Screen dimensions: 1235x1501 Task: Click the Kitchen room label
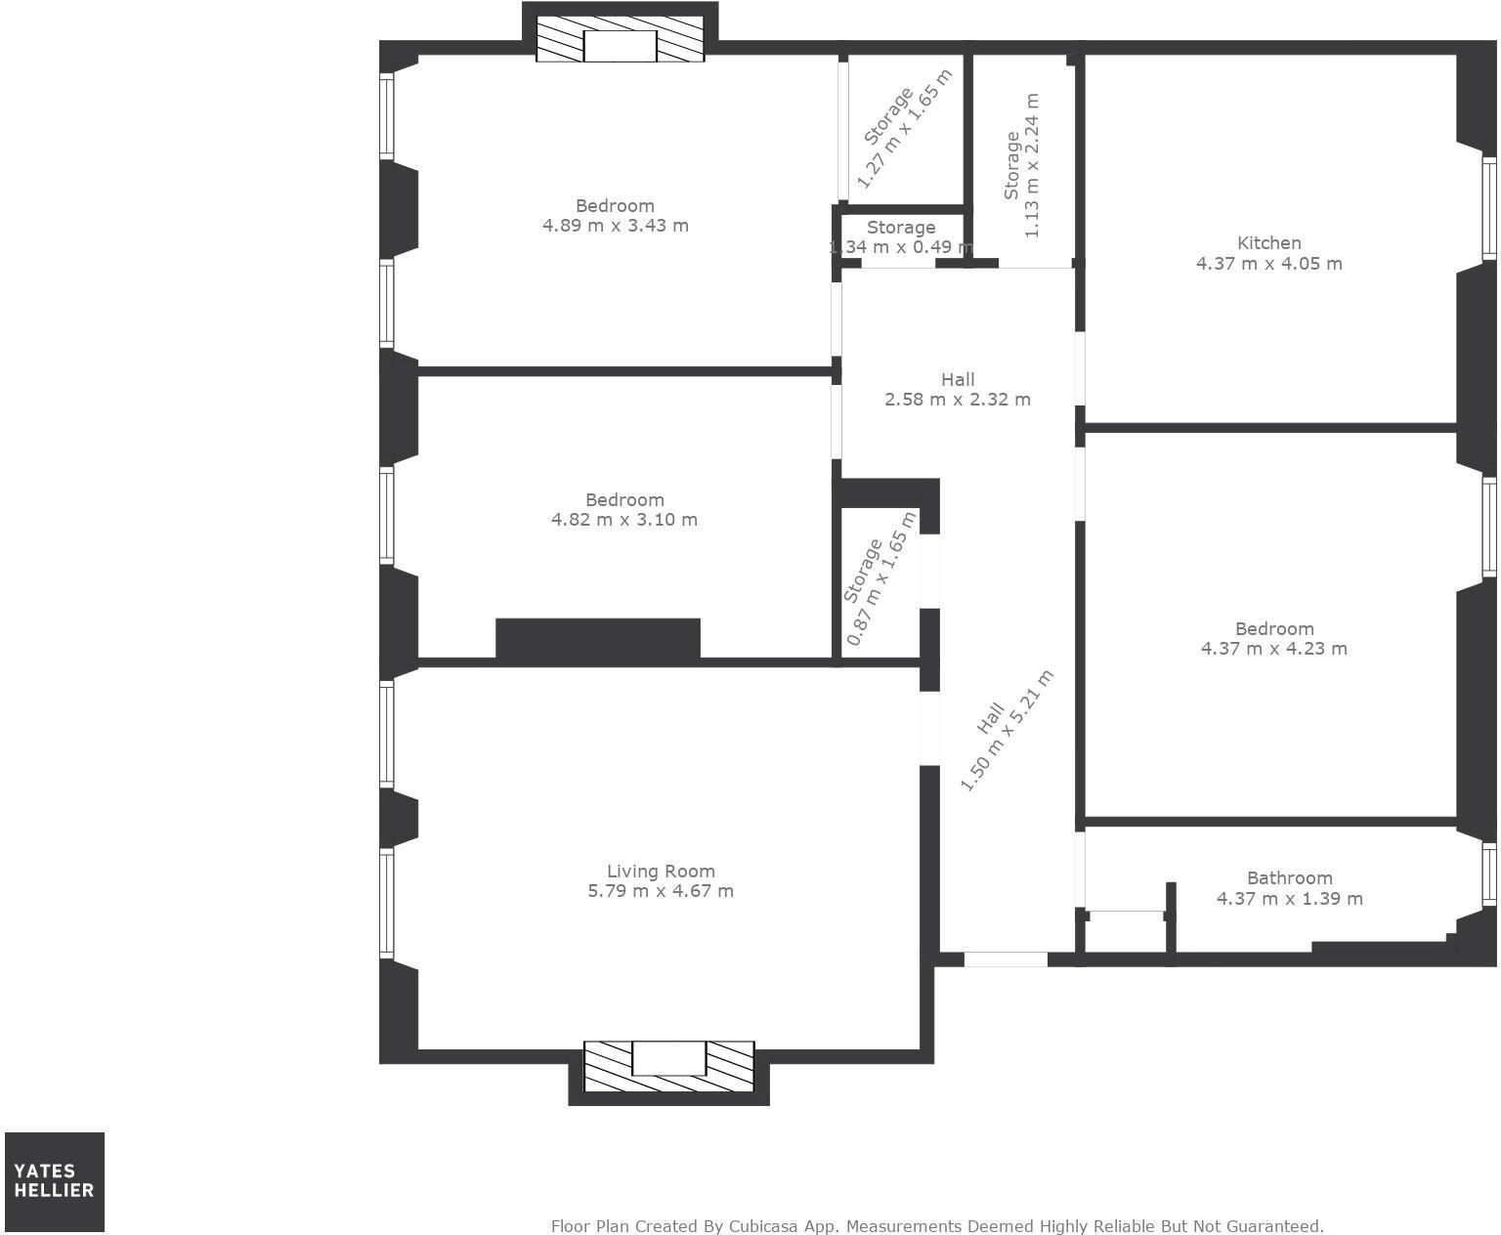tap(1268, 243)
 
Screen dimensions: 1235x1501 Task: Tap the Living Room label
tap(661, 872)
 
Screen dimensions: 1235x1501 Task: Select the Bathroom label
tap(1289, 878)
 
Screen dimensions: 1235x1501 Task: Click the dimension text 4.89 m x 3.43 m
tap(615, 226)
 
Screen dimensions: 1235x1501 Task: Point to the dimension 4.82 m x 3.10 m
tap(624, 520)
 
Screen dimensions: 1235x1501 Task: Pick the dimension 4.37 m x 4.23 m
tap(1273, 649)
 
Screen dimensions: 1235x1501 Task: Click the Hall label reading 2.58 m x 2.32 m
tap(958, 389)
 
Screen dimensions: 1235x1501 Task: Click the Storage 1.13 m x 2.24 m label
tap(1022, 166)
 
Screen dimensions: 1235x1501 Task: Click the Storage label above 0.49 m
tap(901, 228)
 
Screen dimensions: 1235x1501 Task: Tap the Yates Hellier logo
tap(55, 1181)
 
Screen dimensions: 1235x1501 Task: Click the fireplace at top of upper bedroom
tap(620, 46)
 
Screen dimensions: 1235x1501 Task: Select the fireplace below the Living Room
tap(668, 1066)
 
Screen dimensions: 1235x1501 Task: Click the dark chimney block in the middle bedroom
tap(598, 638)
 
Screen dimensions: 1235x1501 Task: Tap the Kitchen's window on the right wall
tap(1488, 208)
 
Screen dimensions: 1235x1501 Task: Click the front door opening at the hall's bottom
tap(1006, 959)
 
